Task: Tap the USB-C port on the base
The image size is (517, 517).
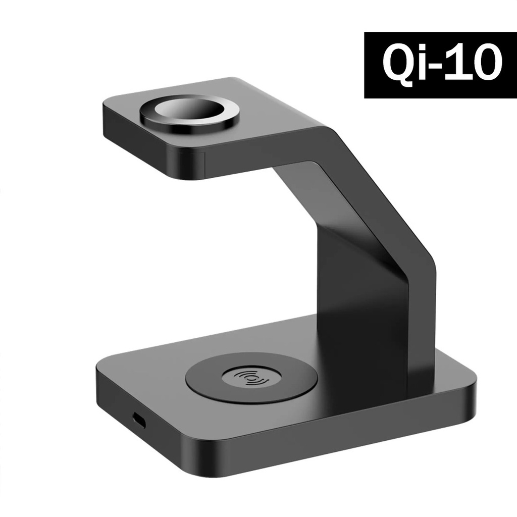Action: point(137,418)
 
